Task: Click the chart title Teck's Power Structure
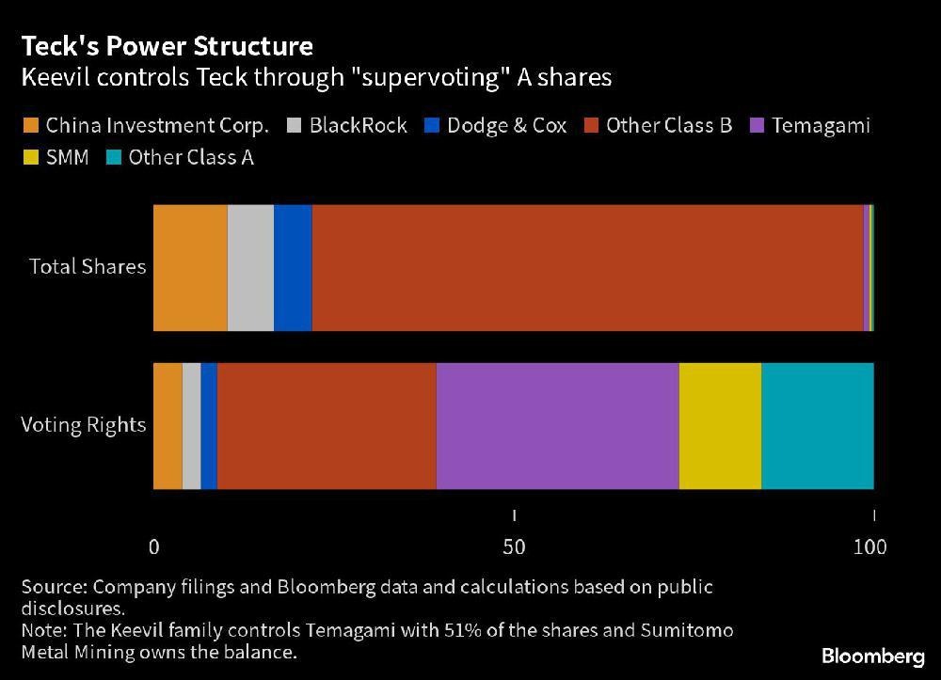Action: tap(167, 45)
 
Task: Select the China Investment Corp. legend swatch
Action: tap(30, 125)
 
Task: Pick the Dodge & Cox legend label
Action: tap(506, 125)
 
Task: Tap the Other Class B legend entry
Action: tap(668, 125)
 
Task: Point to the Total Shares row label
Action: tap(88, 266)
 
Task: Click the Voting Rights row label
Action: tap(84, 425)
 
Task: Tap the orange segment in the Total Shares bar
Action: tap(190, 267)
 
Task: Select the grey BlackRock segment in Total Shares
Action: tap(250, 267)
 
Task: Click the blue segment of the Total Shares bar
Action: tap(293, 267)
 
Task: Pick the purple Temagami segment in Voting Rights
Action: tap(557, 426)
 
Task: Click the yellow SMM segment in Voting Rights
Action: tap(720, 426)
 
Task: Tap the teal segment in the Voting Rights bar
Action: tap(817, 426)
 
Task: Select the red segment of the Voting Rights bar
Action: tap(327, 426)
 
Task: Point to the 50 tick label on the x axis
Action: tap(514, 546)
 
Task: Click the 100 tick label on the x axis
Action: tap(869, 546)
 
